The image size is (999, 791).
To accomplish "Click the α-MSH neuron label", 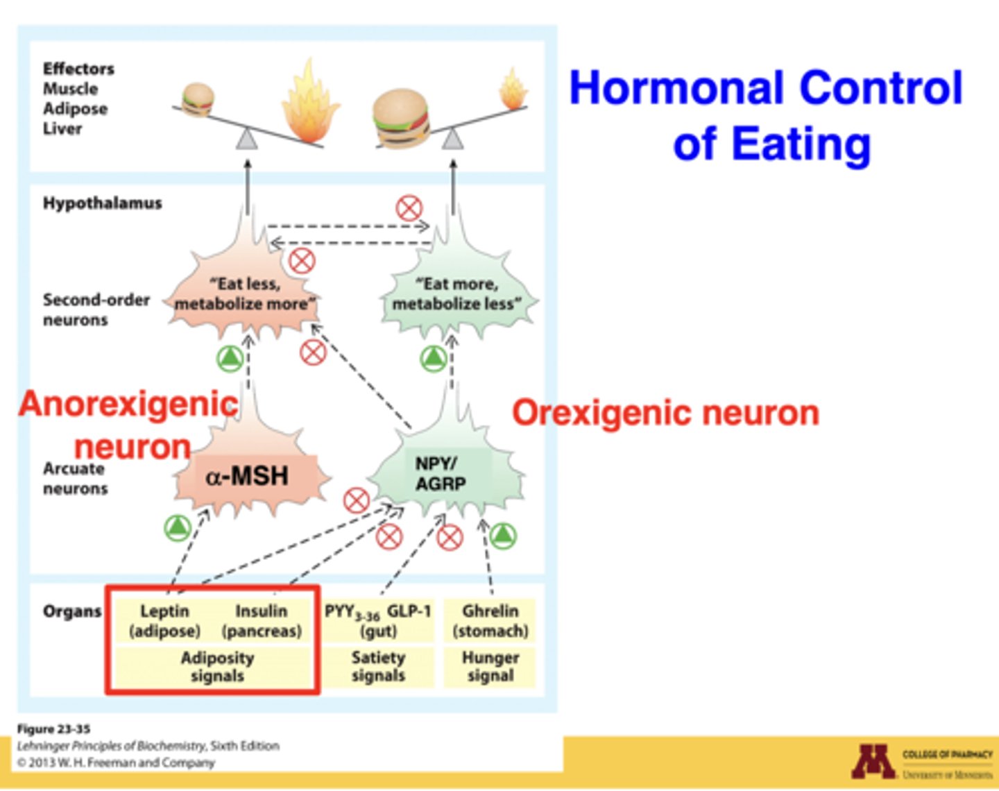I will click(247, 476).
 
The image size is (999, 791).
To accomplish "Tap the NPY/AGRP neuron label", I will click(440, 474).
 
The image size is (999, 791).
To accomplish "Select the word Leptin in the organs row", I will click(164, 611).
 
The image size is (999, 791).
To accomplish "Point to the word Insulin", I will click(261, 611).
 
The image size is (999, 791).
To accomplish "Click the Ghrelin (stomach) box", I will click(490, 621).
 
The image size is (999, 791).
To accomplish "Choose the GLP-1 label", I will click(409, 611).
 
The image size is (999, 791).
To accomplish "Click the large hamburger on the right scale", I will click(401, 119).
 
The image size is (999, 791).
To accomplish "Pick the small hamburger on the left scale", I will click(198, 99).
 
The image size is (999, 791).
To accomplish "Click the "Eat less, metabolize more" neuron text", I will click(244, 294).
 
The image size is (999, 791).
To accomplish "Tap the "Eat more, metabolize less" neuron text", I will click(457, 294).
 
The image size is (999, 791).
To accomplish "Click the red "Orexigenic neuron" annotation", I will click(665, 413).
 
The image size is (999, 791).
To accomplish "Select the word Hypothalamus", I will click(102, 203).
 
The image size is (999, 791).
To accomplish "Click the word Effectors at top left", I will click(78, 69).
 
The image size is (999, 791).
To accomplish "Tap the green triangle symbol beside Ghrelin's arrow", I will click(502, 535).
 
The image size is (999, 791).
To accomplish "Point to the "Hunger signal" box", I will click(490, 667).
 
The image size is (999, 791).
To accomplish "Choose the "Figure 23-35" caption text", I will click(53, 729).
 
